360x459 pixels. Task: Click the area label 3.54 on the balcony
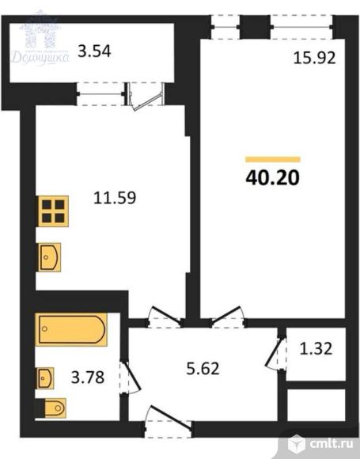pos(94,55)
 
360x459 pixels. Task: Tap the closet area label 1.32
pos(315,347)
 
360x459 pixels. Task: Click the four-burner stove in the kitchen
pos(53,212)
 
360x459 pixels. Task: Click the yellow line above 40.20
pos(273,159)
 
